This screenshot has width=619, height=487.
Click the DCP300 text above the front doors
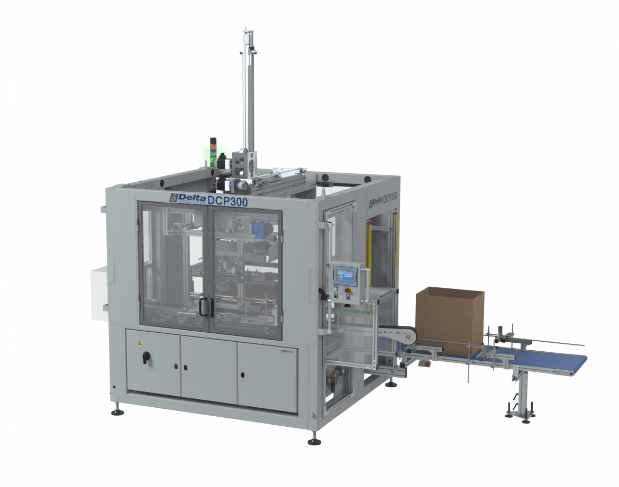[227, 201]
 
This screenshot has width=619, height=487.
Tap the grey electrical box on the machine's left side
[98, 293]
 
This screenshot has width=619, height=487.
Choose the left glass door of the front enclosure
[174, 264]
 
